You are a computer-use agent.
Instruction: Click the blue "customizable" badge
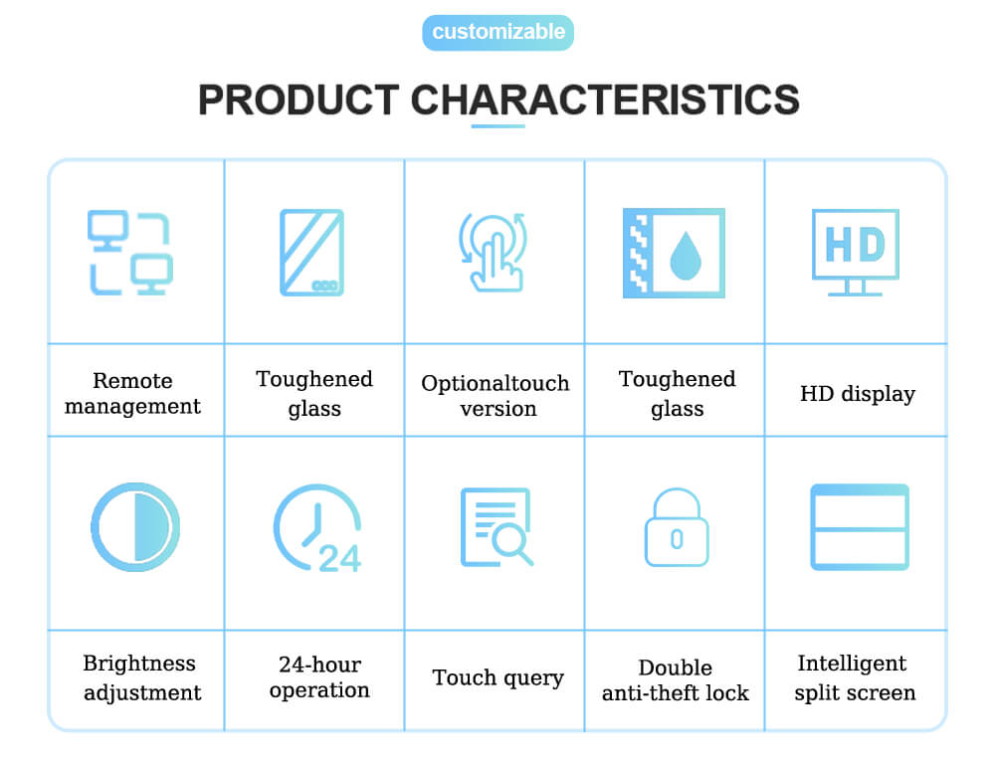pos(498,33)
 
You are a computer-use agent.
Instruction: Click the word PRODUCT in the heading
pos(298,100)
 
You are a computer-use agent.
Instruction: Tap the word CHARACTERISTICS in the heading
pos(605,100)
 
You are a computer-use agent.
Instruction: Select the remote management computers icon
pos(130,253)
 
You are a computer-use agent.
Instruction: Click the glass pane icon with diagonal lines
pos(312,253)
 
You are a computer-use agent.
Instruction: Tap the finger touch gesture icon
pos(494,253)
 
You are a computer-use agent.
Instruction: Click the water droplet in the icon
pos(686,256)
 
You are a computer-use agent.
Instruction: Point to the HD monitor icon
pos(856,253)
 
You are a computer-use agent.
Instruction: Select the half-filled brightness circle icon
pos(135,527)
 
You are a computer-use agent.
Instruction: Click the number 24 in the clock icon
pos(339,558)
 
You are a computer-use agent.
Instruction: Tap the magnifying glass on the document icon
pos(512,544)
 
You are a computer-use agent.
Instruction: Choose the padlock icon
pos(677,527)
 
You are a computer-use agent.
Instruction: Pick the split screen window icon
pos(860,527)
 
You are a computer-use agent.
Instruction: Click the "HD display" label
pos(858,394)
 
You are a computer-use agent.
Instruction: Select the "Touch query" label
pos(498,678)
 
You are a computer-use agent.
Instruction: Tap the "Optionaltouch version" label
pos(496,395)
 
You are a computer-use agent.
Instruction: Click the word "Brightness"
pos(139,664)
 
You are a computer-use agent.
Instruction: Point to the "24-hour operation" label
pos(319,676)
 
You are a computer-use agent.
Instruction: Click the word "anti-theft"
pos(649,692)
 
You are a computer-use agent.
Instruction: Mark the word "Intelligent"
pos(852,664)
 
